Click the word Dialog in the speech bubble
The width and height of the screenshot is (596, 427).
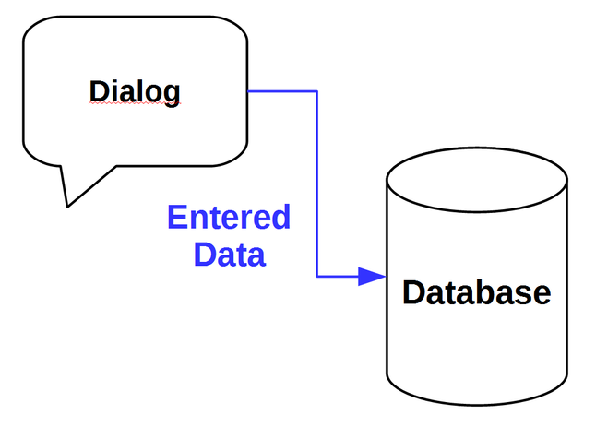[x=135, y=92]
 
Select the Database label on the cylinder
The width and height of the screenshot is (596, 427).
[x=477, y=292]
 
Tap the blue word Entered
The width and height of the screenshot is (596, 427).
[x=229, y=219]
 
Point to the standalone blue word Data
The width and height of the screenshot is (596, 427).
[x=230, y=254]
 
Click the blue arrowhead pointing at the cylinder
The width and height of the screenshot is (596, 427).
[x=372, y=276]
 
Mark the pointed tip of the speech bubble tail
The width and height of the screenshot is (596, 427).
[x=67, y=206]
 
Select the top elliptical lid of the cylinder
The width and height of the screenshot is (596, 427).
[x=477, y=176]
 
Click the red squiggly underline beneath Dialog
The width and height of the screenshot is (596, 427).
[x=135, y=106]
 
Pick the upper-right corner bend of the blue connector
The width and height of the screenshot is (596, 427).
[x=317, y=91]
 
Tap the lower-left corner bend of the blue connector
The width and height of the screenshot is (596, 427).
[x=317, y=276]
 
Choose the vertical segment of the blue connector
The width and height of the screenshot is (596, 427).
[x=317, y=184]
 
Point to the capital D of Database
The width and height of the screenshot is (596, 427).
[x=413, y=292]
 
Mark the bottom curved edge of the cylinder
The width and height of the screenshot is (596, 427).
[x=477, y=403]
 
